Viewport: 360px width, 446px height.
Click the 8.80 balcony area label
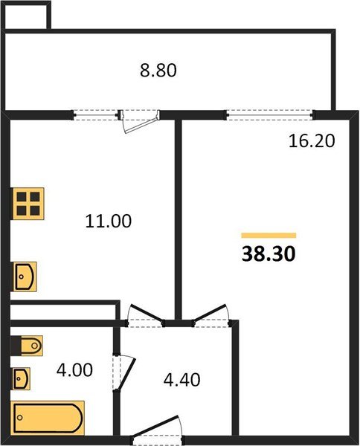pos(158,71)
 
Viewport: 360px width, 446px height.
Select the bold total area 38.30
pos(269,254)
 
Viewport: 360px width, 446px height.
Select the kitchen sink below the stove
pos(25,277)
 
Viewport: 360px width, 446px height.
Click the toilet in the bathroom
pos(28,346)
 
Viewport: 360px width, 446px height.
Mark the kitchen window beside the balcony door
pos(97,114)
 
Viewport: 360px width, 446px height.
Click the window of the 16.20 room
pos(269,114)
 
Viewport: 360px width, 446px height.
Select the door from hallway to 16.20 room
pos(209,315)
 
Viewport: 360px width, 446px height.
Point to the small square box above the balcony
pos(26,16)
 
